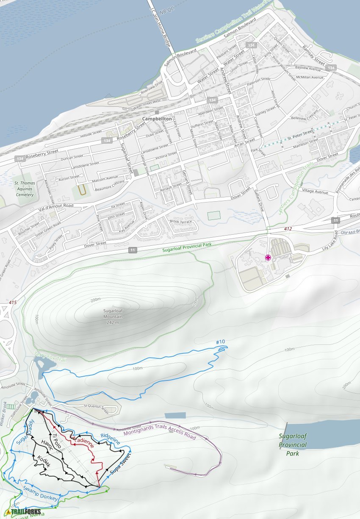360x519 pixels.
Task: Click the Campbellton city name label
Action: [x=157, y=119]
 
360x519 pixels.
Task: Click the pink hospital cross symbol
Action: [x=268, y=258]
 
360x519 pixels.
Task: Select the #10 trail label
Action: [x=220, y=342]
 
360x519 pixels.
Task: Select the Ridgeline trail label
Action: [x=110, y=439]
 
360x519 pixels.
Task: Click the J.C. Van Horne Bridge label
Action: [x=160, y=25]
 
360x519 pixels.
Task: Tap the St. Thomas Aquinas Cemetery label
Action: [x=24, y=189]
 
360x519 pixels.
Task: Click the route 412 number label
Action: [x=288, y=229]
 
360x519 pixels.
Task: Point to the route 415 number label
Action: [x=12, y=303]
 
